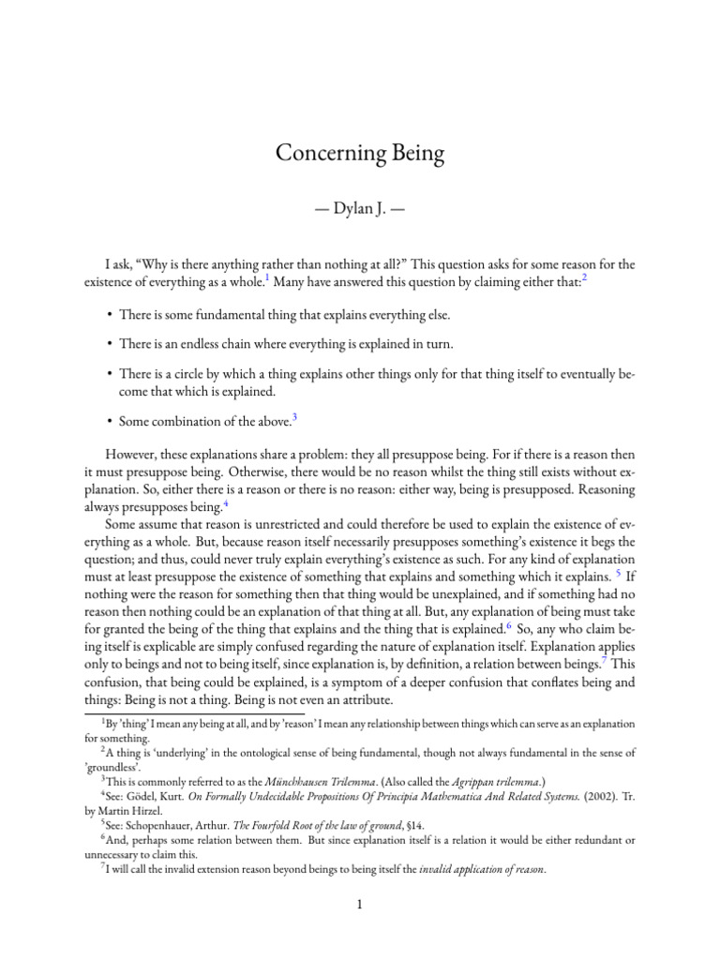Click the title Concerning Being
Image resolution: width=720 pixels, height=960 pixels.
pyautogui.click(x=359, y=153)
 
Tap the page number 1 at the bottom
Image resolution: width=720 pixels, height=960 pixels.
pyautogui.click(x=360, y=905)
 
